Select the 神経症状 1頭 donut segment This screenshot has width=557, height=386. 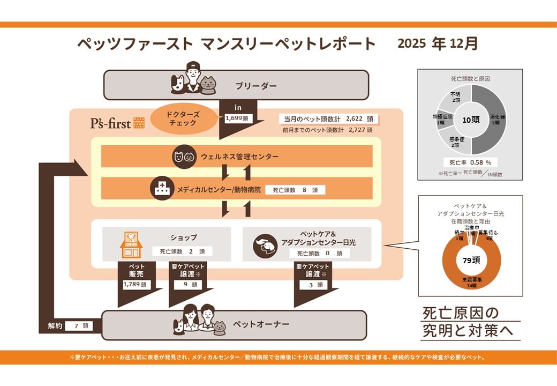[442, 119]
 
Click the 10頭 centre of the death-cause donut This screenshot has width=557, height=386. [470, 121]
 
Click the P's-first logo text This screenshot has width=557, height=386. [110, 122]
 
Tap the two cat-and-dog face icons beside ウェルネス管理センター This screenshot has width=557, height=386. [184, 157]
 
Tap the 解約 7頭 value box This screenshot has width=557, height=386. [79, 325]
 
